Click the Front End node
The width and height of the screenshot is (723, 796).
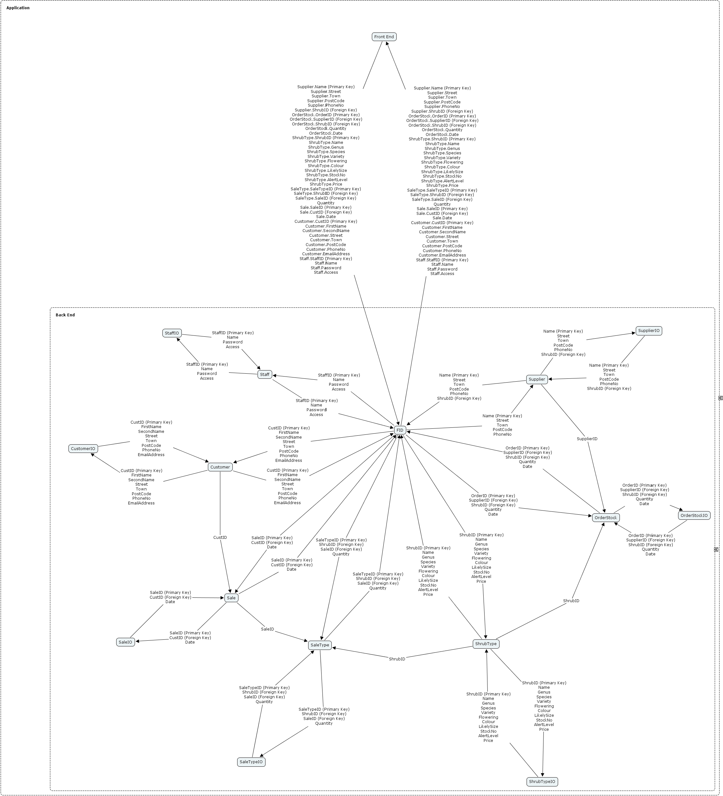tap(384, 37)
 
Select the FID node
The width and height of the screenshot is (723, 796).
tap(400, 430)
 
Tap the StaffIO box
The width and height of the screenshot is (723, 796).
tap(172, 333)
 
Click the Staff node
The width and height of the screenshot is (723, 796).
tap(265, 374)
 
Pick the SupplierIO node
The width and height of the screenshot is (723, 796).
tap(649, 330)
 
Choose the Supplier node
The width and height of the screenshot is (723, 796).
tap(537, 379)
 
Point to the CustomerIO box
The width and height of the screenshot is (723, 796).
tap(83, 448)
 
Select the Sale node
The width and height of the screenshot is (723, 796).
tap(231, 598)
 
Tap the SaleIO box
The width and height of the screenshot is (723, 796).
tap(125, 642)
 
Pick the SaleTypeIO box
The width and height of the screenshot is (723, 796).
tap(251, 762)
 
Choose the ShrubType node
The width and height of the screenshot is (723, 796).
tap(486, 644)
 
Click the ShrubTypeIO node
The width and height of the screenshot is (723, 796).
tap(542, 781)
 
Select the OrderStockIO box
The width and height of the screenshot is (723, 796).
tap(694, 515)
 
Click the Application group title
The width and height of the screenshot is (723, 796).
tap(18, 8)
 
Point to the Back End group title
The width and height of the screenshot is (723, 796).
tap(65, 315)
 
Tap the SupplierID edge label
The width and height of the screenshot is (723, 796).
tap(587, 439)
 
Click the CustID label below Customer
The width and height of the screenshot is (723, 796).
tap(220, 537)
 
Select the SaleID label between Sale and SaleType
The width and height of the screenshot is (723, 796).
tap(267, 629)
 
